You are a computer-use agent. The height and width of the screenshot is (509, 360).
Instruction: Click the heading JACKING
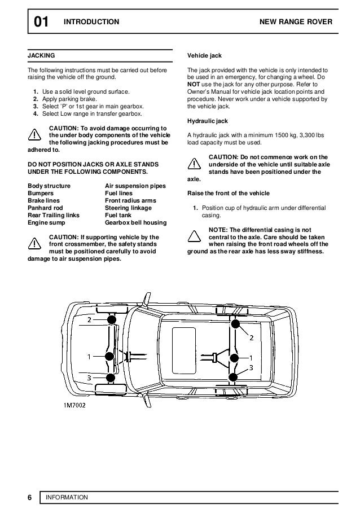(42, 56)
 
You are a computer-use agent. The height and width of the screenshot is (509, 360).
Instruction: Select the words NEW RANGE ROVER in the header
(295, 22)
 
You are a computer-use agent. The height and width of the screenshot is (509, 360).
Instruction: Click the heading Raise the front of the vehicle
(228, 193)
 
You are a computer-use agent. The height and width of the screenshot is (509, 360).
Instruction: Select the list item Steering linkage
(129, 207)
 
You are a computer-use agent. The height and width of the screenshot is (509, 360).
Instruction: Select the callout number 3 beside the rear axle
(251, 367)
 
